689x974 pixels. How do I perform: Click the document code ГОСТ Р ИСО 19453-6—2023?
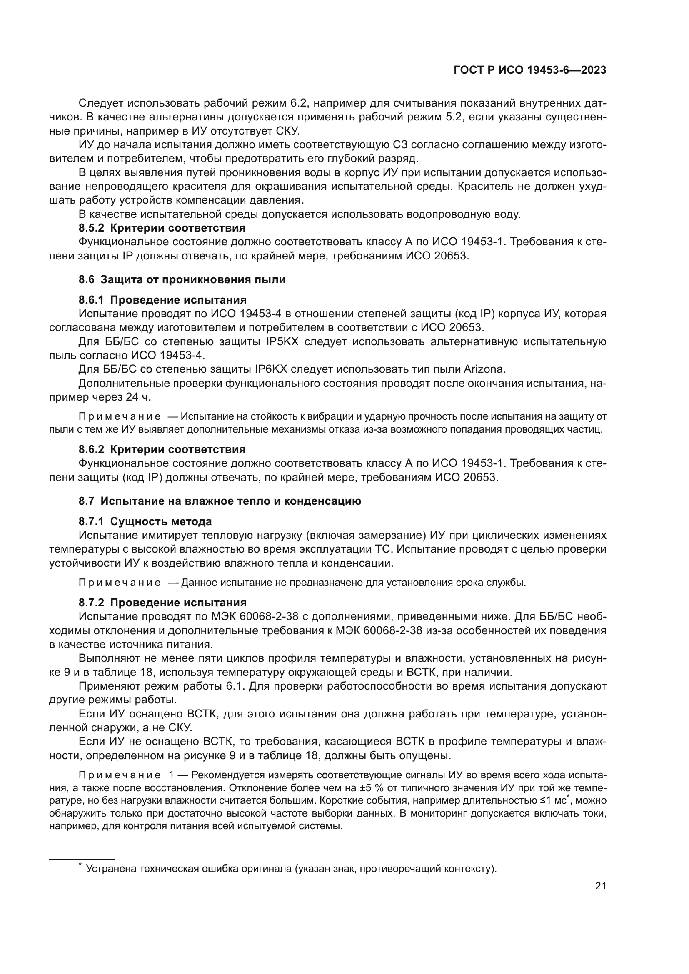(529, 70)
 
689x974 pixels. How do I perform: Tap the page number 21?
(600, 886)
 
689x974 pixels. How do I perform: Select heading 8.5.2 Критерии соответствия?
(162, 228)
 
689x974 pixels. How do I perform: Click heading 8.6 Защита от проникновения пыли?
(182, 279)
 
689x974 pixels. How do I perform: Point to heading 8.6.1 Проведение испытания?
(162, 300)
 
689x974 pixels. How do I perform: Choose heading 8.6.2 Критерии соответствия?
(162, 449)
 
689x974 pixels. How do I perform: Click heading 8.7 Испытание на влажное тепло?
(220, 501)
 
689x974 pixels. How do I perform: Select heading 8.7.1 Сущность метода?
(145, 521)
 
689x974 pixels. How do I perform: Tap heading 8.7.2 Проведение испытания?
(162, 603)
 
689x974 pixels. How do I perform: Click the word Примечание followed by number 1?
(120, 775)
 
